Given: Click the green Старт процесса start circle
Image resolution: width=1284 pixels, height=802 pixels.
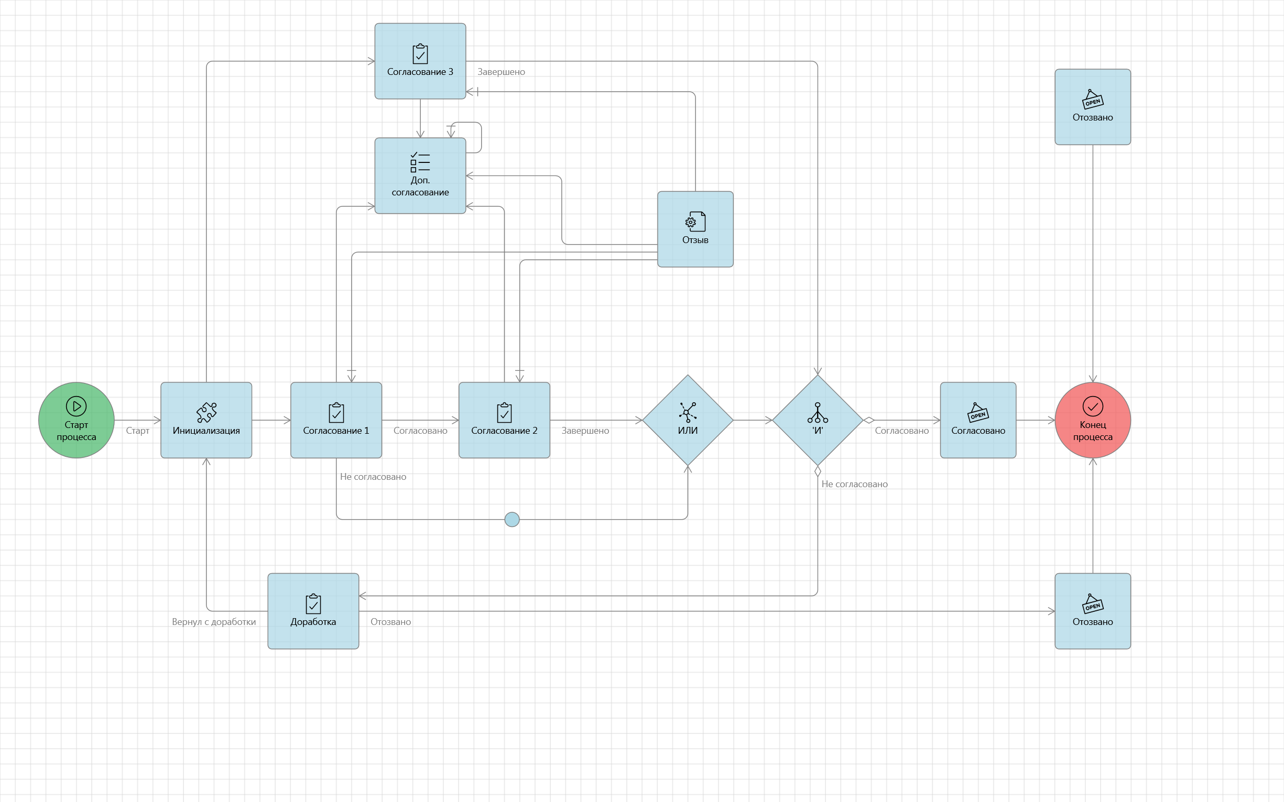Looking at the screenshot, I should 77,420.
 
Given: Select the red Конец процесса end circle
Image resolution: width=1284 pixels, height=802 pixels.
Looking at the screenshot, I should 1093,420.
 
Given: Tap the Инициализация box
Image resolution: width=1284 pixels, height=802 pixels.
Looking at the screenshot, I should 206,420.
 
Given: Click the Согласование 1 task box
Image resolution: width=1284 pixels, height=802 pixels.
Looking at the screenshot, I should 336,420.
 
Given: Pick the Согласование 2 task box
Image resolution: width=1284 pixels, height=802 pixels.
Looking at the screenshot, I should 504,420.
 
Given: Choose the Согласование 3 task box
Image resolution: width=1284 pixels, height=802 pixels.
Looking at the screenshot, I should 420,61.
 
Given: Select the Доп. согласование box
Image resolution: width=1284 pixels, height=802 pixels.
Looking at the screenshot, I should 420,175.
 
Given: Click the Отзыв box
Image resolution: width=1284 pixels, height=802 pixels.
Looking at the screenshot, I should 695,229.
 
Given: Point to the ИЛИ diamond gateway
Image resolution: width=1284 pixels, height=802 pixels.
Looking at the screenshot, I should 688,420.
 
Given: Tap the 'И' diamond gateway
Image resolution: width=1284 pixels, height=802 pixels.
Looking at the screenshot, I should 818,420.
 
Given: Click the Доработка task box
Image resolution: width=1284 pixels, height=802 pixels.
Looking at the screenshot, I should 313,611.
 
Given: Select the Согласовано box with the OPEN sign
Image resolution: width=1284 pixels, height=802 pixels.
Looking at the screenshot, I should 978,420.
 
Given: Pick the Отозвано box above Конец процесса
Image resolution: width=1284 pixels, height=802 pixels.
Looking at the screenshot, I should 1093,107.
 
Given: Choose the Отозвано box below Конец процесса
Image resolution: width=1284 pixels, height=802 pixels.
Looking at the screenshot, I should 1093,611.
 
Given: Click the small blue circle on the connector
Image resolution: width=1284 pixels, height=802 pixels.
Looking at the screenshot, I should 512,519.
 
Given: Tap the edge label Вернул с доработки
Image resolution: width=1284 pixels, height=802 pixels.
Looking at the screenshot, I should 214,622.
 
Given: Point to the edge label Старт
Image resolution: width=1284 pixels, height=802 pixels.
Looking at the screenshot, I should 137,431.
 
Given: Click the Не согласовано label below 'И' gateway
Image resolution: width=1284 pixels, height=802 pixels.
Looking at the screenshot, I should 854,484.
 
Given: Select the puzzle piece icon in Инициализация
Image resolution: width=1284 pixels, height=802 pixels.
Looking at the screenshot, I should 206,412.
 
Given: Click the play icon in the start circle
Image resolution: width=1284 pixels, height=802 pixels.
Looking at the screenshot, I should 77,407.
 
